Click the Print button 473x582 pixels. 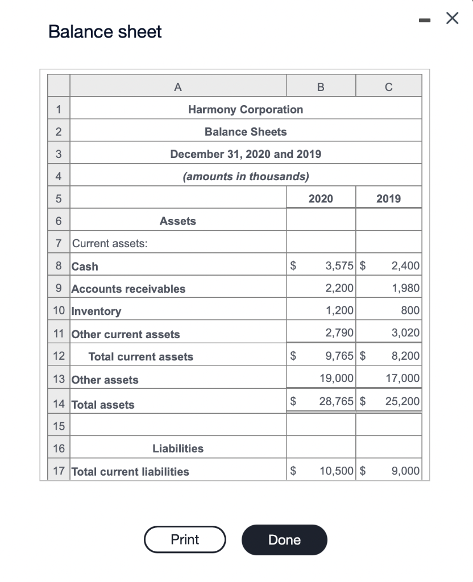[185, 539]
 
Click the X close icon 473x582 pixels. [452, 19]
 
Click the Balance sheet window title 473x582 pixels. [105, 32]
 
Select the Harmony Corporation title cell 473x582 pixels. [246, 109]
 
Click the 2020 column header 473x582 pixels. [321, 198]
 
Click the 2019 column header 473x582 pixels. [388, 198]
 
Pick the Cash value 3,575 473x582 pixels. [339, 265]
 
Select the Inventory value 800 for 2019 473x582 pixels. [409, 311]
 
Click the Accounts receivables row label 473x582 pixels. [128, 289]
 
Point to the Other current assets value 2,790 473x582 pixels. [339, 333]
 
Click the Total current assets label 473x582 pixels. [140, 357]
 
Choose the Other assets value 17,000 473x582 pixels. [402, 378]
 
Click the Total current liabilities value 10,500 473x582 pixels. [337, 471]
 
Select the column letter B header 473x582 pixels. [321, 86]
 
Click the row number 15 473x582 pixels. [59, 426]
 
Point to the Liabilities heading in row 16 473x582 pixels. [178, 448]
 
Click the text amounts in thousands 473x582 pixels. [246, 176]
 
